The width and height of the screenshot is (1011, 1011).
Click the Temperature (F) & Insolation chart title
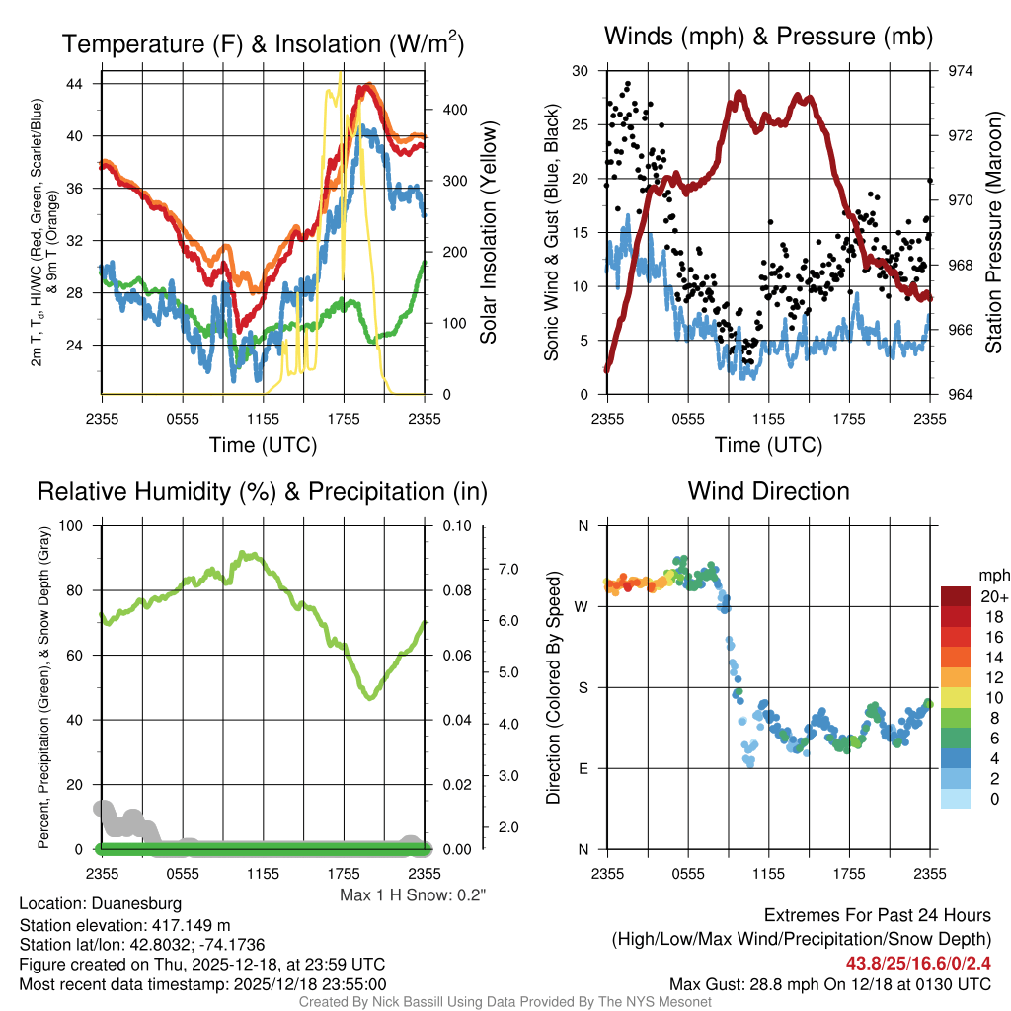(263, 44)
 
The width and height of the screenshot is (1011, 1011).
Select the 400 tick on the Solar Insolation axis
(440, 110)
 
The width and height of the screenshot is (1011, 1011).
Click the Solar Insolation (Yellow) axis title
(489, 233)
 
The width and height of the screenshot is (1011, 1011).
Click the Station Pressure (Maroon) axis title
(994, 233)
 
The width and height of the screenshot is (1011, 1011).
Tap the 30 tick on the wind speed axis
(581, 71)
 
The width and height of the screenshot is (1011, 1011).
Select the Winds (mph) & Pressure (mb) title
(768, 38)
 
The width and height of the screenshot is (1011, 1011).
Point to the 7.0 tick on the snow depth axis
(509, 570)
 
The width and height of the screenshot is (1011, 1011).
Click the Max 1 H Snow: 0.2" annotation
(413, 894)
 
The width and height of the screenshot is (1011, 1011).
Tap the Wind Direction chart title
(768, 491)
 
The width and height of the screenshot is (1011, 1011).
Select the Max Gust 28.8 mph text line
(829, 984)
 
